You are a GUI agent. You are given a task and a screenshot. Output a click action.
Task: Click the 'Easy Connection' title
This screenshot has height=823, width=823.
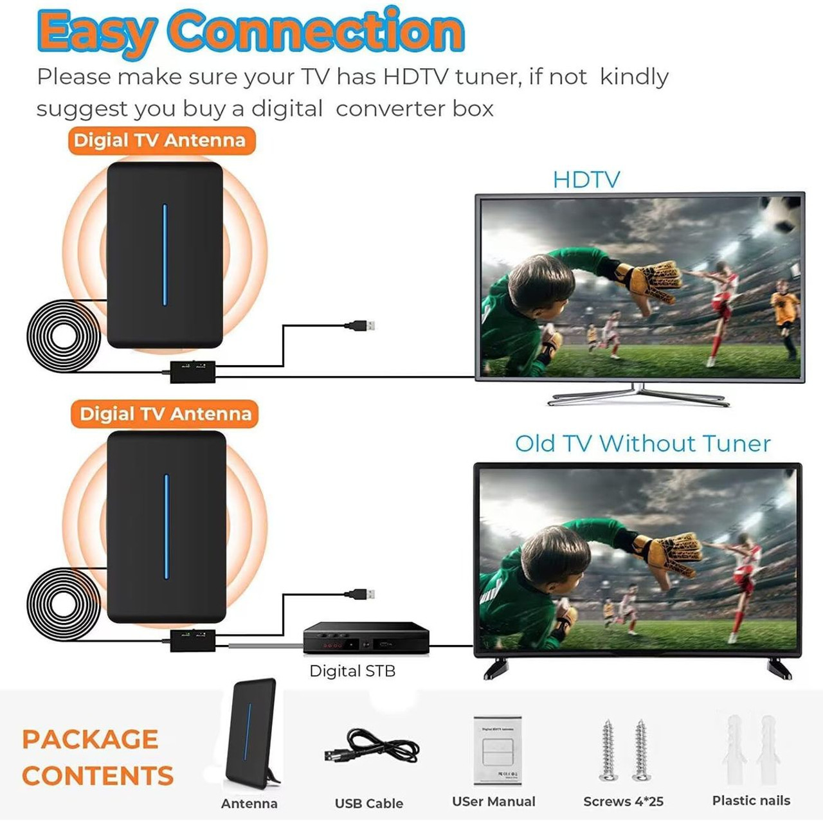click(x=251, y=30)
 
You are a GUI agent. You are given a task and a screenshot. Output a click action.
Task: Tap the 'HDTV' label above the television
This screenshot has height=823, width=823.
click(x=586, y=179)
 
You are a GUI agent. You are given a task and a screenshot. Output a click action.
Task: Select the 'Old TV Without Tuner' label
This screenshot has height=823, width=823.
click(x=642, y=444)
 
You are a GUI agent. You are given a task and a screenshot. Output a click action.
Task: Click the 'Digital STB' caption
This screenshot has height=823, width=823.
click(x=352, y=671)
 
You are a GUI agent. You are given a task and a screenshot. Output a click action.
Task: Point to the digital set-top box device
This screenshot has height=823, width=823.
click(x=366, y=638)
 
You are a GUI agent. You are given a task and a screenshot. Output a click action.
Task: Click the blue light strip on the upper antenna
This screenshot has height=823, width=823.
click(x=165, y=255)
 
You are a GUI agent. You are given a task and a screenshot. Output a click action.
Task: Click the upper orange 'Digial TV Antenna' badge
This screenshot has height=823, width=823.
click(x=161, y=140)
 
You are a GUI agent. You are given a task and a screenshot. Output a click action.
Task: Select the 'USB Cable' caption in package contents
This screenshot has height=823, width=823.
click(x=369, y=803)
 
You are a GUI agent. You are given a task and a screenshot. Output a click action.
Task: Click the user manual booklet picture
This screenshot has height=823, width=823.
click(x=497, y=750)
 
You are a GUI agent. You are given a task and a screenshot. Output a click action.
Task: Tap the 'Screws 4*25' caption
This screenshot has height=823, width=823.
click(x=623, y=802)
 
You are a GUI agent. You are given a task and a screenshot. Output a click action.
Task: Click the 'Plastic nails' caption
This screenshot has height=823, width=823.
click(x=751, y=800)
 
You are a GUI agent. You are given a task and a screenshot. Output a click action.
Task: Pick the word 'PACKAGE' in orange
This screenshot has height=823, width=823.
click(x=90, y=739)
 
